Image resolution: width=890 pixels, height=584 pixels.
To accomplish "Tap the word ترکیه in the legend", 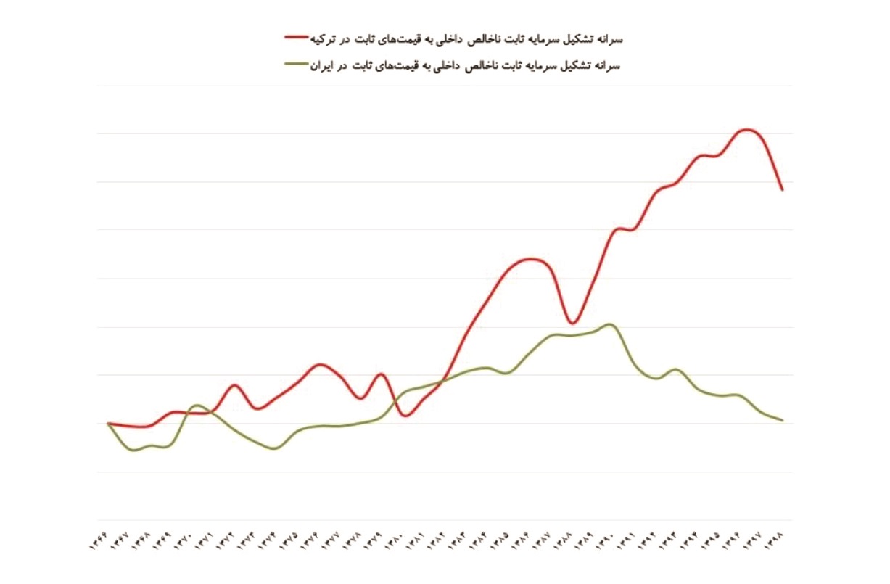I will coord(325,36).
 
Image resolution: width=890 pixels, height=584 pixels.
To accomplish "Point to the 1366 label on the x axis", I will coord(100,543).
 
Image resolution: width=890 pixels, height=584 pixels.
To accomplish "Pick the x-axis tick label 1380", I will coord(395,543).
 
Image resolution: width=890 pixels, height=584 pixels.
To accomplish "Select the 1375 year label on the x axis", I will coord(290,543).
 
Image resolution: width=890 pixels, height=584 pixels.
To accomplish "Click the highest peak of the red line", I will coord(747,129).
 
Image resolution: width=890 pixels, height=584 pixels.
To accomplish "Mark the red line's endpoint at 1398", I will coord(783,189).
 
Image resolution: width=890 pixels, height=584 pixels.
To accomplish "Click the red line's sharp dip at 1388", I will coord(572,323).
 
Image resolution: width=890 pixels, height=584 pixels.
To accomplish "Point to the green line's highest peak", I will coord(609,324).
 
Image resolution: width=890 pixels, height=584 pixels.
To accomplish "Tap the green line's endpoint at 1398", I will coord(783,420).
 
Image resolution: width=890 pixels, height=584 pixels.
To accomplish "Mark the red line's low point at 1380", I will coord(405,416).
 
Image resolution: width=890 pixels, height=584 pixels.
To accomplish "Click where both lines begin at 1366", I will coord(108,423).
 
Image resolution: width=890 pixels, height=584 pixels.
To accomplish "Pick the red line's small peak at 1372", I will coord(234,385).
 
